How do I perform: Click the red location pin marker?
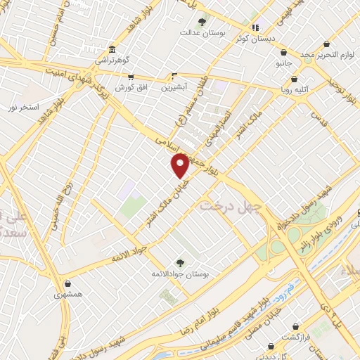coord(180,166)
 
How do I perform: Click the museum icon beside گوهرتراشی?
coord(112,49)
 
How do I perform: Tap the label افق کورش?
coord(129,87)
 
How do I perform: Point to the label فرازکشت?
coord(296,338)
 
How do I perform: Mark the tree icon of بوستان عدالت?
coord(202,21)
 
